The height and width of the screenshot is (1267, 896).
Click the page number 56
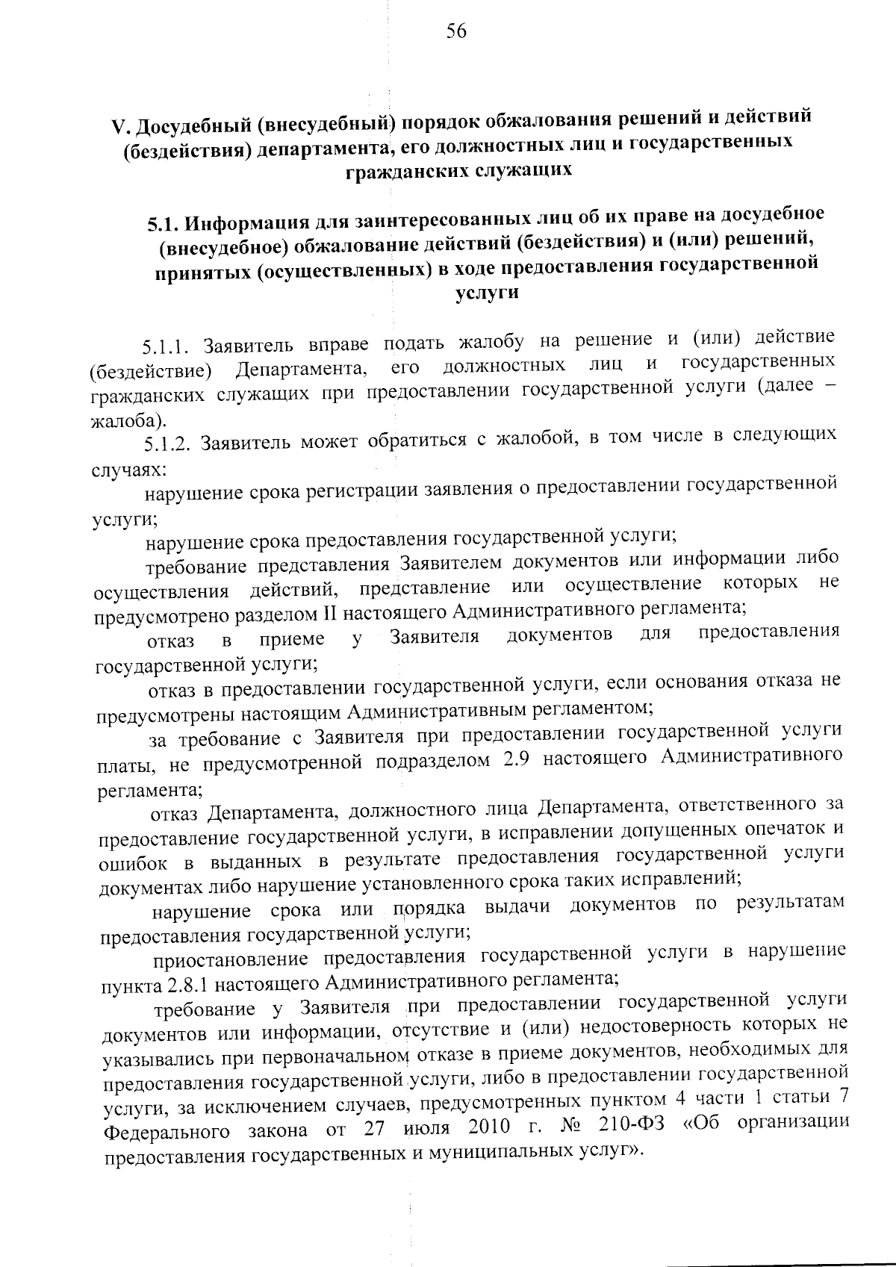coord(456,31)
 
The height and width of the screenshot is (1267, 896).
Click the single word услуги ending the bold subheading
coord(487,293)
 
